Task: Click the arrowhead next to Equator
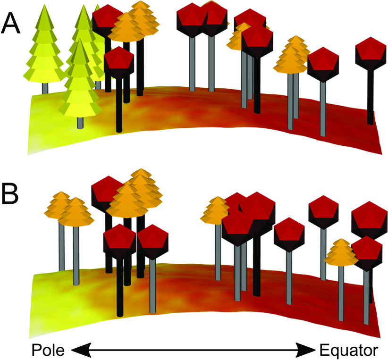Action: (x=307, y=350)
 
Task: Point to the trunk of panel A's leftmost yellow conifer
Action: (x=45, y=88)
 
